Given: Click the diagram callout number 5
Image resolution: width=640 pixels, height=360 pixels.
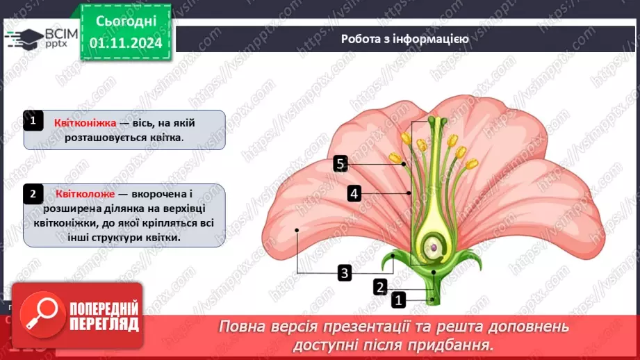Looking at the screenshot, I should [x=340, y=164].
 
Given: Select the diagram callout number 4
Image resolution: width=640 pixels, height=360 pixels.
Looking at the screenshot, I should [x=354, y=193].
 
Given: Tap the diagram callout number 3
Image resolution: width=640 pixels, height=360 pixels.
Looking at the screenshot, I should [x=345, y=272].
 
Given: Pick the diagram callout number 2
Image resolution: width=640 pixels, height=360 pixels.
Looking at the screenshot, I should [x=379, y=286].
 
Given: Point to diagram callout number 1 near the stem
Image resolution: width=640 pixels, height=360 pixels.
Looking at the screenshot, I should [x=398, y=300].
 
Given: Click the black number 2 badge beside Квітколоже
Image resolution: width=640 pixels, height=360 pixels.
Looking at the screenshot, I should [x=33, y=193].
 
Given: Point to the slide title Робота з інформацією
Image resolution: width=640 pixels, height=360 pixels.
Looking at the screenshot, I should [x=405, y=39].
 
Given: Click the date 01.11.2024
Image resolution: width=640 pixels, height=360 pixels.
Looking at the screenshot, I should [x=126, y=42].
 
